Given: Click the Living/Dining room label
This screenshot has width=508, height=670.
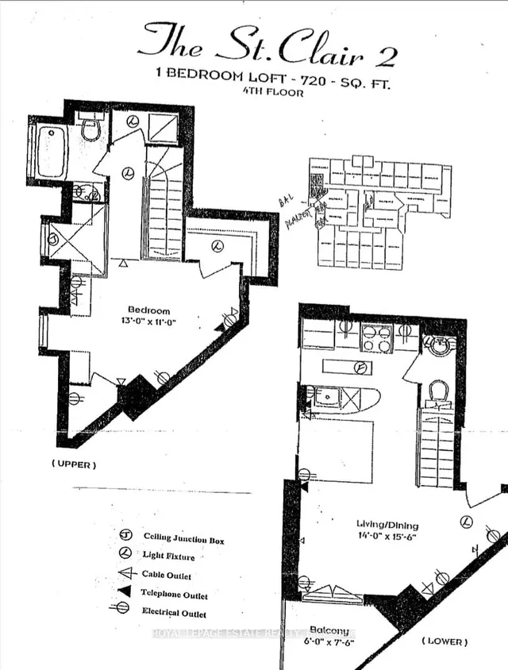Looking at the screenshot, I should (387, 525).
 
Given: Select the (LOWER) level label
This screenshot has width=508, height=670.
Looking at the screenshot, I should (444, 640).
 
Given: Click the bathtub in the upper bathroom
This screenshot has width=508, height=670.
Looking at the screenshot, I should (49, 151).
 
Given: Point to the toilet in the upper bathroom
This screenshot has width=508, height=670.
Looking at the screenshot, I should (91, 128).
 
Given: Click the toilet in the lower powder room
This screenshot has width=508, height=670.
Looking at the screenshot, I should (438, 391).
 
